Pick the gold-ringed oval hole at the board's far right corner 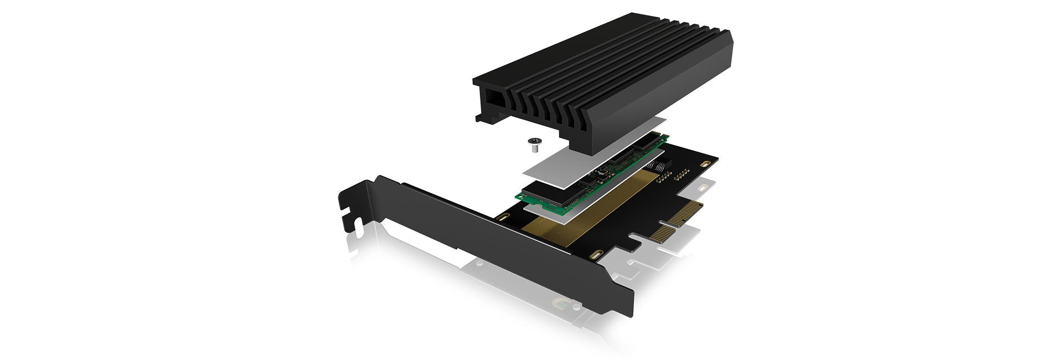click(x=704, y=164)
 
